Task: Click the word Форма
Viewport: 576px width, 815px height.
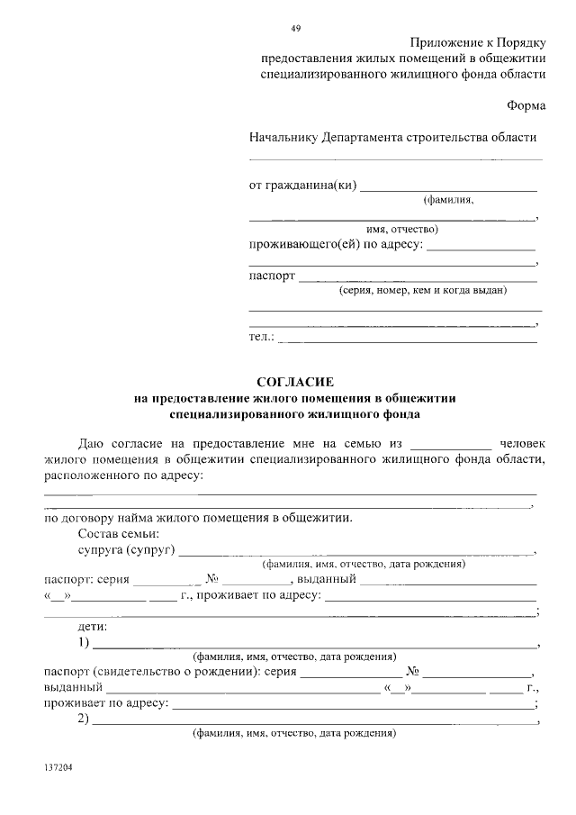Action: (526, 104)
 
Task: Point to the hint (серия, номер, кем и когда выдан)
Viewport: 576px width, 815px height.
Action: (422, 291)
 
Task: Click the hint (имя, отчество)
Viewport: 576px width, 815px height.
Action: (401, 229)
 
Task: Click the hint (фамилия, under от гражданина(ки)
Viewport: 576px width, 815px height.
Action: (448, 200)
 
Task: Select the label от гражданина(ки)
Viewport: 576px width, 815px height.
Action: (302, 186)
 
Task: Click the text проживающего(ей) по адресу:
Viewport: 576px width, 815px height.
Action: (336, 245)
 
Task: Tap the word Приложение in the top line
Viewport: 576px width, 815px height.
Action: (445, 43)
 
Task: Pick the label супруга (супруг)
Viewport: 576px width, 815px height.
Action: (126, 549)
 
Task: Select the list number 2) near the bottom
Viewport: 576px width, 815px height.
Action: (84, 719)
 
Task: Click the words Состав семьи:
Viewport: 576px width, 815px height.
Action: (119, 534)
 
